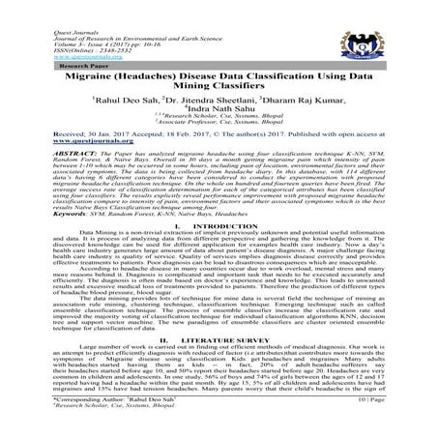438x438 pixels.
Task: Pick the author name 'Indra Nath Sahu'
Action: point(222,115)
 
